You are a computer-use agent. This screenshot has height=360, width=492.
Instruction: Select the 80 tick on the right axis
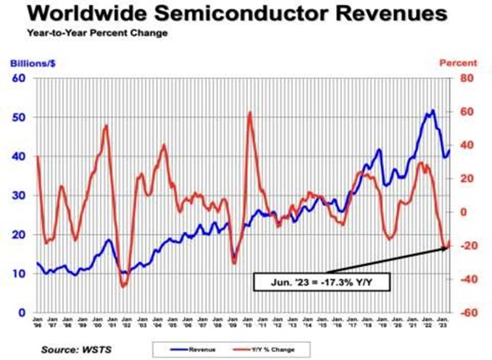click(466, 79)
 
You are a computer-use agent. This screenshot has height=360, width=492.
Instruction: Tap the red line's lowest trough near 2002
click(123, 286)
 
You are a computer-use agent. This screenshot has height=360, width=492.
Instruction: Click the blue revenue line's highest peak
click(432, 110)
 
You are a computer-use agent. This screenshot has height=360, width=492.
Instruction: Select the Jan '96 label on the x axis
click(37, 321)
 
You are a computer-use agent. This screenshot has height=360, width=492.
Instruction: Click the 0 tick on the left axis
click(22, 313)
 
